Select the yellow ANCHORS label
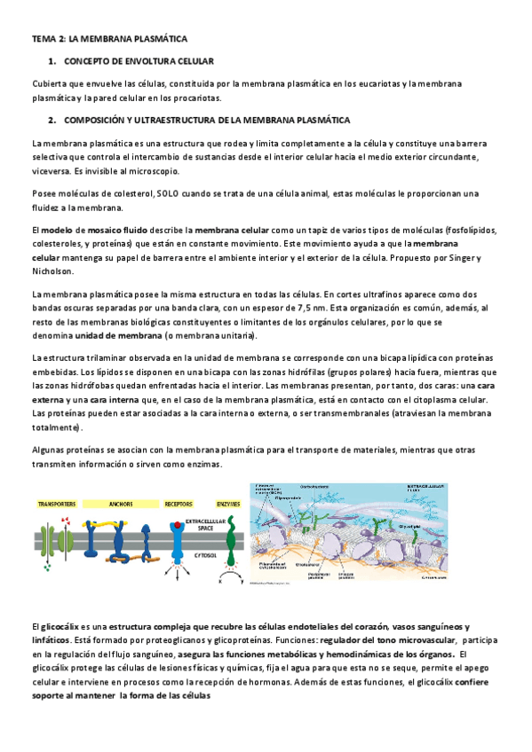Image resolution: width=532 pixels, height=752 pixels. (121, 503)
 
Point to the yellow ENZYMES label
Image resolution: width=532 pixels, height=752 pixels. (227, 503)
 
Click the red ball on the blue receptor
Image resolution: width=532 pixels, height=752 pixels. (179, 527)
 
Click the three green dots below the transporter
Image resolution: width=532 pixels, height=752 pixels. (49, 567)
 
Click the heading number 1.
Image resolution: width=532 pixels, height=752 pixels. (52, 61)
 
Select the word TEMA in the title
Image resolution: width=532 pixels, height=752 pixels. (43, 39)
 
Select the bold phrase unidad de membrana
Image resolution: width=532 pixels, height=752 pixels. (117, 336)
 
